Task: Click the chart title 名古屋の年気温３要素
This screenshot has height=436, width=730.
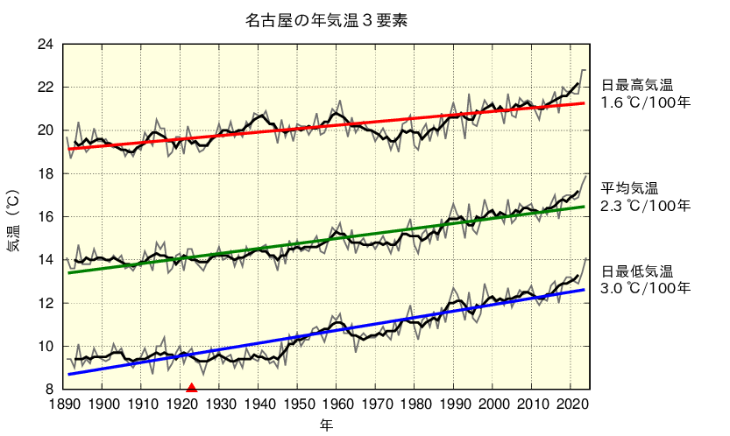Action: tap(326, 19)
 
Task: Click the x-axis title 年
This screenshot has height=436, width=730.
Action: tap(326, 425)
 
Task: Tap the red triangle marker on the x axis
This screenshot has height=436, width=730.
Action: tap(192, 388)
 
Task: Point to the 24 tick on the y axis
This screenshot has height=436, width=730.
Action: tap(46, 45)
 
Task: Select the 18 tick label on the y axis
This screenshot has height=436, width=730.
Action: tap(46, 173)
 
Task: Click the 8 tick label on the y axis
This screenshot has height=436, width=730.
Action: tap(49, 389)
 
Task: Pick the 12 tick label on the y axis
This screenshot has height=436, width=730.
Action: tap(46, 303)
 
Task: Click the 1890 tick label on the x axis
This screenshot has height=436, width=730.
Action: tap(65, 405)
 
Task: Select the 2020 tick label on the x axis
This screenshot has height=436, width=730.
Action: tap(570, 405)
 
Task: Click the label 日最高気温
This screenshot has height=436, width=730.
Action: tap(636, 86)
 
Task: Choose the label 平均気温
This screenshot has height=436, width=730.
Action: tap(629, 189)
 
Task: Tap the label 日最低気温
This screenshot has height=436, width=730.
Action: tap(636, 271)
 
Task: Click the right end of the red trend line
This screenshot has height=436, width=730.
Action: tap(585, 103)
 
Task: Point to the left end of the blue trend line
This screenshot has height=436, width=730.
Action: tap(69, 374)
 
